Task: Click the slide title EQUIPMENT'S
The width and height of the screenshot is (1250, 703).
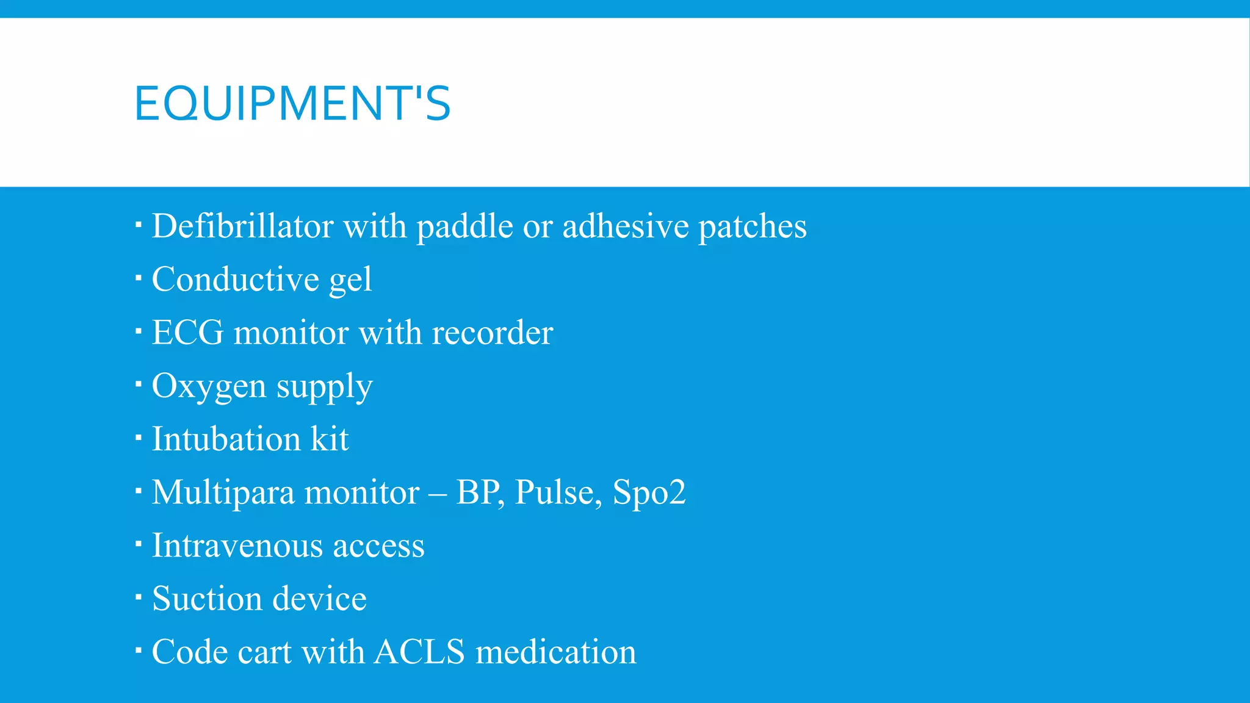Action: [292, 103]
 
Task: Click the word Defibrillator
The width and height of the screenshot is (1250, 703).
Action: [242, 226]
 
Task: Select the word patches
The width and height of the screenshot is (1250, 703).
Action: [752, 226]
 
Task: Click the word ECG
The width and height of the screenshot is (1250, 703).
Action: [187, 333]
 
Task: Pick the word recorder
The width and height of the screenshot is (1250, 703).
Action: [492, 333]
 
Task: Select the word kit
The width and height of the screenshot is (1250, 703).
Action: [330, 439]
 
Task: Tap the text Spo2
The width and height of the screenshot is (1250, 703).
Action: [649, 492]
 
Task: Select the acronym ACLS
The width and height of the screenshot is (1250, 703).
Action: [419, 652]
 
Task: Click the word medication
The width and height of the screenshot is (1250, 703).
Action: [555, 652]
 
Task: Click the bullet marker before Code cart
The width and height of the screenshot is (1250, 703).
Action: [139, 651]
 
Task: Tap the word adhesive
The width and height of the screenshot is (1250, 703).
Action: [625, 226]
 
